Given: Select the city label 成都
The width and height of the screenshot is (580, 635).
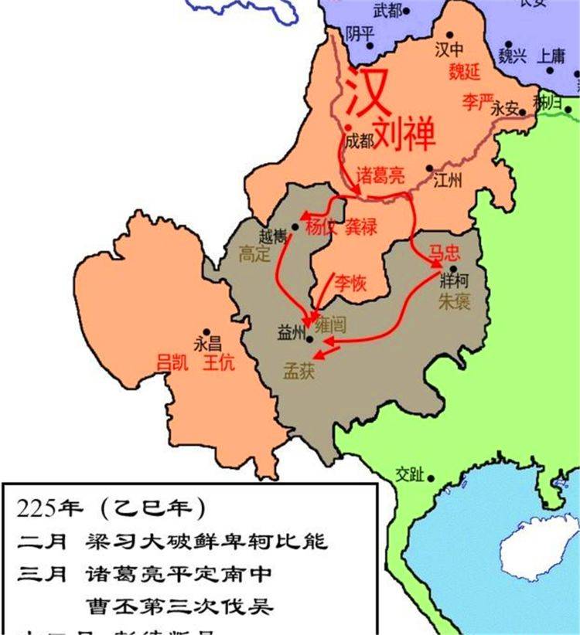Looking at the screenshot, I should [360, 141].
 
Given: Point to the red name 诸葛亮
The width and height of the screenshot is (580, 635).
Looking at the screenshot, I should [380, 175].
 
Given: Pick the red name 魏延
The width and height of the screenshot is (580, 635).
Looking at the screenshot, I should [465, 71].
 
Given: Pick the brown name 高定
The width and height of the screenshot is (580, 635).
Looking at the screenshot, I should [254, 253].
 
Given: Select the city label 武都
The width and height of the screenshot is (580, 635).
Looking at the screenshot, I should [387, 10].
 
